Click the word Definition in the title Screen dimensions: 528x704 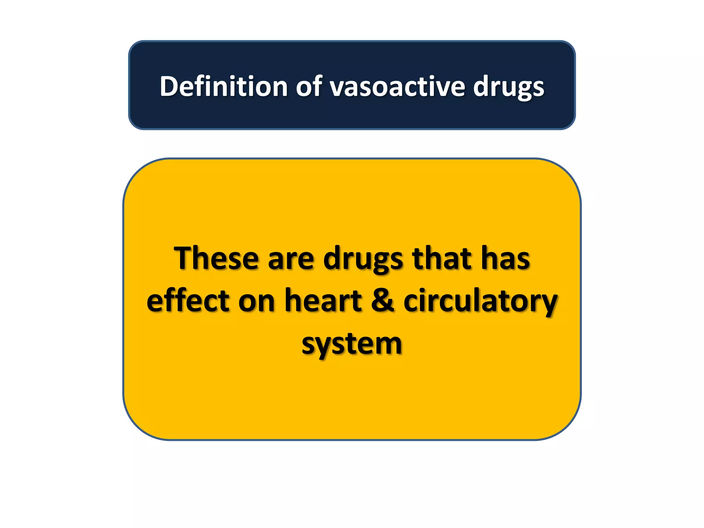point(223,86)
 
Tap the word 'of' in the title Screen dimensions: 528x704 point(309,86)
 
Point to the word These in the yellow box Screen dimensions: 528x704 point(216,258)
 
